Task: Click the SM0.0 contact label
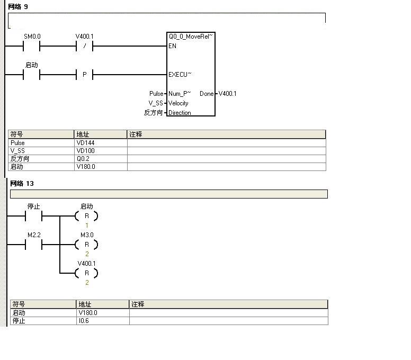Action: coord(32,37)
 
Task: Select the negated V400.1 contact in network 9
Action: coord(85,47)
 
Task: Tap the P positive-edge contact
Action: coord(85,75)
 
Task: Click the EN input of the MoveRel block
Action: coord(173,46)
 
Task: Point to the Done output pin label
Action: coord(207,94)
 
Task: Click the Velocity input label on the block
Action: coord(178,103)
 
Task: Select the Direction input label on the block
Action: coord(180,113)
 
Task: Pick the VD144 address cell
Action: coord(85,143)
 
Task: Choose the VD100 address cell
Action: coord(85,151)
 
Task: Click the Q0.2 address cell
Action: coord(83,159)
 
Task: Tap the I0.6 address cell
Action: coord(84,321)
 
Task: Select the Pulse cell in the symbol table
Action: coord(17,143)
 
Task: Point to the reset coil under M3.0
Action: coord(87,245)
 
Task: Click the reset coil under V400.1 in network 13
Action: coord(87,273)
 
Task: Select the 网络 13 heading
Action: coord(22,184)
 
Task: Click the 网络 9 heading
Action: coord(18,6)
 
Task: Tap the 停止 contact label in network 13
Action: coord(34,206)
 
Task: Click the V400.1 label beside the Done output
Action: coord(228,94)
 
